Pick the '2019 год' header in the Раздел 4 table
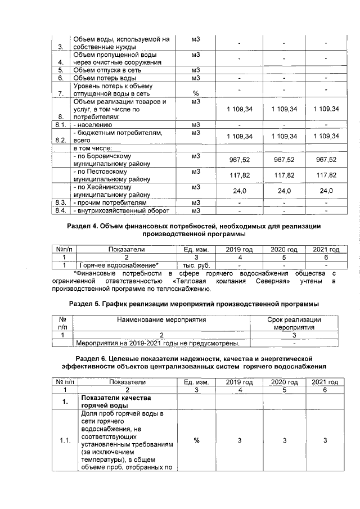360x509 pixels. (x=239, y=249)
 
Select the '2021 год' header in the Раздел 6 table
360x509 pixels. (x=325, y=382)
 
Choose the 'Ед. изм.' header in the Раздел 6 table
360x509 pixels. (x=196, y=382)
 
